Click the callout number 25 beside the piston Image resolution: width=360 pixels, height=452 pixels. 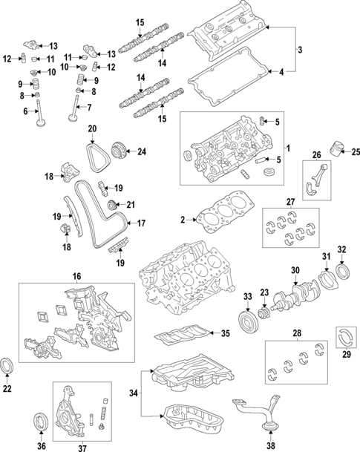point(354,152)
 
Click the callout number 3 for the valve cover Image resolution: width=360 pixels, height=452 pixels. point(300,50)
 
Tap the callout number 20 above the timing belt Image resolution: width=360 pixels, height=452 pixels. point(92,129)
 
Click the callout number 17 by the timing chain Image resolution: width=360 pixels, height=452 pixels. point(142,223)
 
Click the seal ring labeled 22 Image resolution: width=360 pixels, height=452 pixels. point(7,366)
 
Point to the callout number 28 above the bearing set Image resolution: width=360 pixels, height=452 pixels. point(296,334)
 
